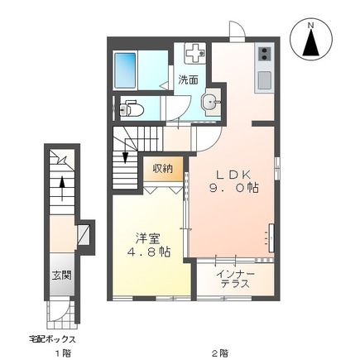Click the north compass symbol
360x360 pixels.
tap(312, 41)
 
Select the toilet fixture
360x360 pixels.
tap(132, 107)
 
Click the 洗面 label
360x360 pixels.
tap(188, 80)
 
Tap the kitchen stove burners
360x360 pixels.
tap(264, 55)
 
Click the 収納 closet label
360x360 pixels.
tap(163, 168)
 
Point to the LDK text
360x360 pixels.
tap(233, 175)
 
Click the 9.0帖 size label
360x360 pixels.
tap(233, 189)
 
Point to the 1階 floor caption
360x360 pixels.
tap(62, 353)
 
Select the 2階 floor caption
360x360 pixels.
tap(218, 353)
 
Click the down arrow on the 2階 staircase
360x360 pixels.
tap(125, 157)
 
